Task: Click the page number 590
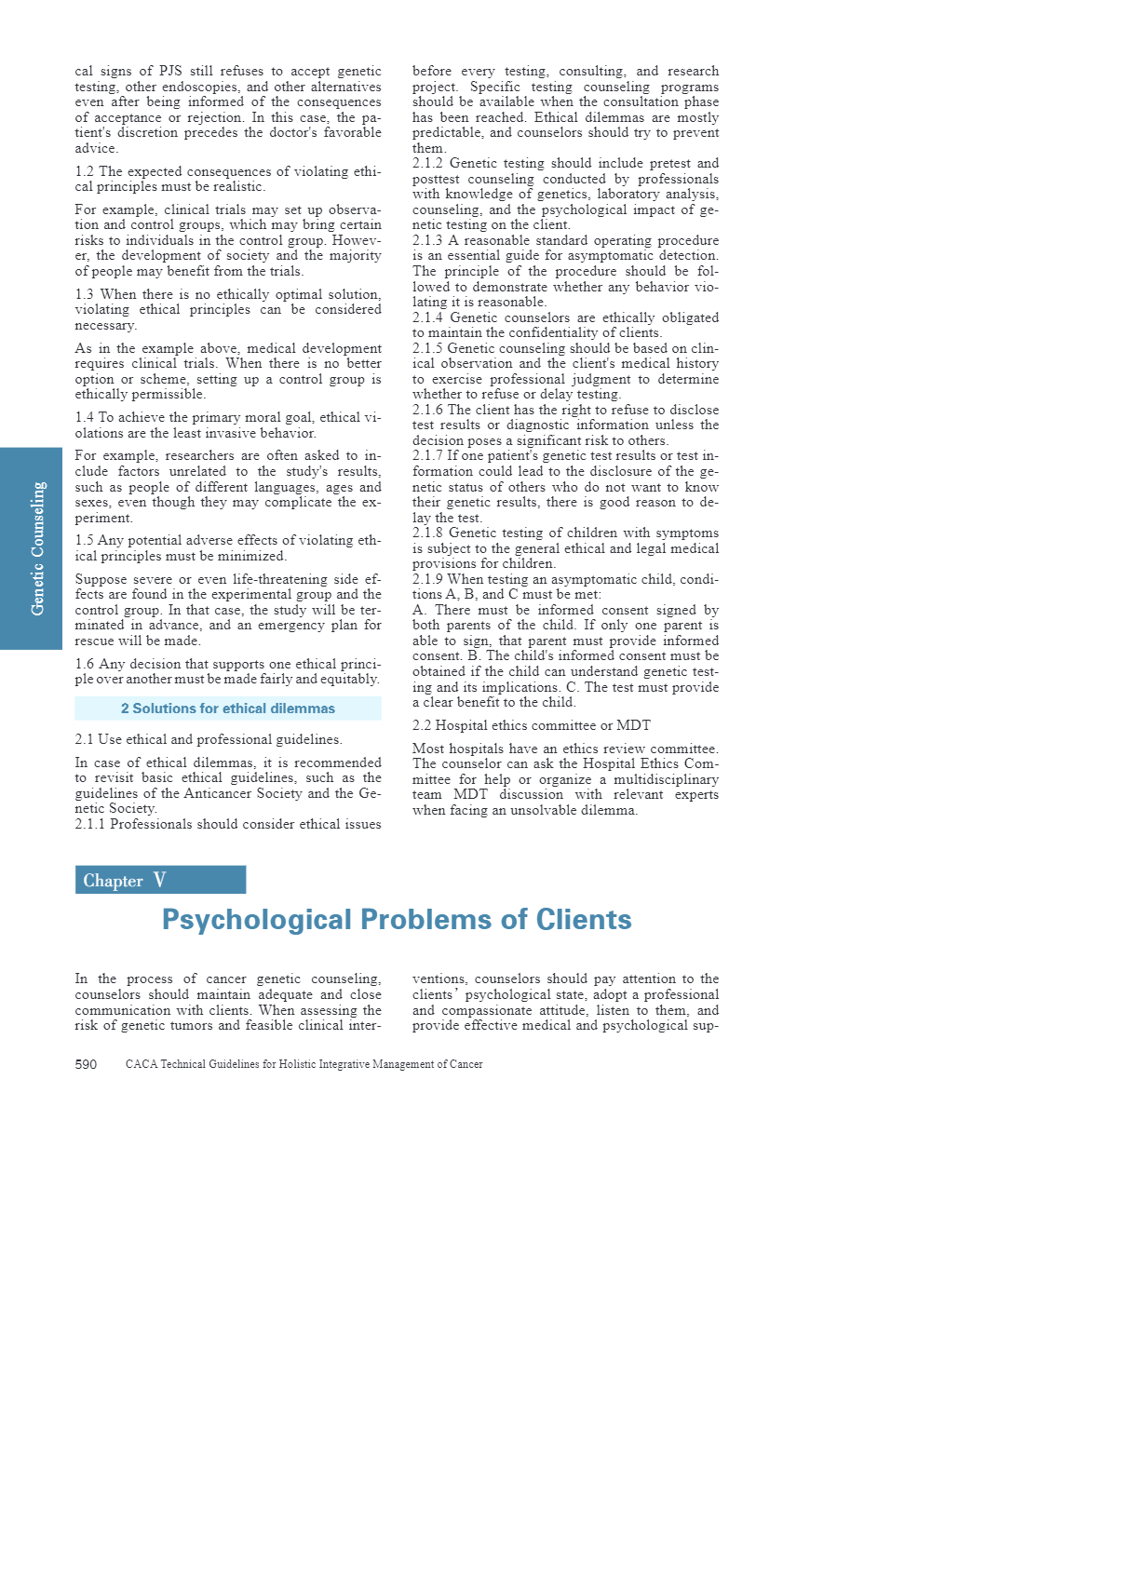point(86,1064)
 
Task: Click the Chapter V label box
point(160,880)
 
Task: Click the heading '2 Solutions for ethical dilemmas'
point(228,709)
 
